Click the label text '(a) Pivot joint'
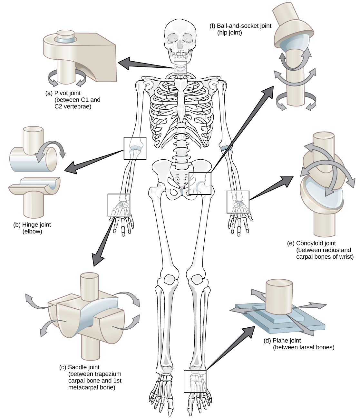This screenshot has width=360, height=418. pyautogui.click(x=63, y=93)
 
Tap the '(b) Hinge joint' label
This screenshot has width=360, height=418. pyautogui.click(x=32, y=224)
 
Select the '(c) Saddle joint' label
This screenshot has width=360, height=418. pyautogui.click(x=79, y=367)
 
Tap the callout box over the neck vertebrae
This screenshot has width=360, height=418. pyautogui.click(x=180, y=68)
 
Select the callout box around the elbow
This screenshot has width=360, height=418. pyautogui.click(x=135, y=148)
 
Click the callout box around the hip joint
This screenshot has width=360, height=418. pyautogui.click(x=200, y=183)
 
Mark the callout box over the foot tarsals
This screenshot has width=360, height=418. pyautogui.click(x=195, y=381)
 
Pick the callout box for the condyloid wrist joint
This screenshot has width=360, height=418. pyautogui.click(x=238, y=202)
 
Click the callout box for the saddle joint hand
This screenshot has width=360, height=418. pyautogui.click(x=119, y=205)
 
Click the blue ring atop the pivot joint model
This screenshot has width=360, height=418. pyautogui.click(x=66, y=39)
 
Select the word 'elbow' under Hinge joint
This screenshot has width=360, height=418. pyautogui.click(x=32, y=231)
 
